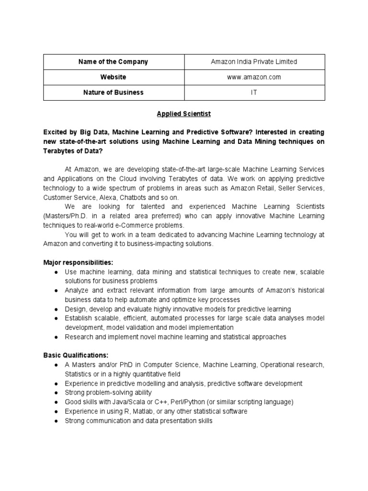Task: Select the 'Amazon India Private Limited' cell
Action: (x=254, y=62)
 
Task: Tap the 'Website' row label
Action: (x=114, y=77)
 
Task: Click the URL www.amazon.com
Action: (x=254, y=77)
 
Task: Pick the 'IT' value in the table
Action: (x=254, y=92)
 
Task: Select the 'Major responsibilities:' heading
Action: (x=78, y=262)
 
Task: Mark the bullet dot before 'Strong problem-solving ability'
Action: (x=56, y=393)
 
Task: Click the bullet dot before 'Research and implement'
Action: (x=56, y=337)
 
